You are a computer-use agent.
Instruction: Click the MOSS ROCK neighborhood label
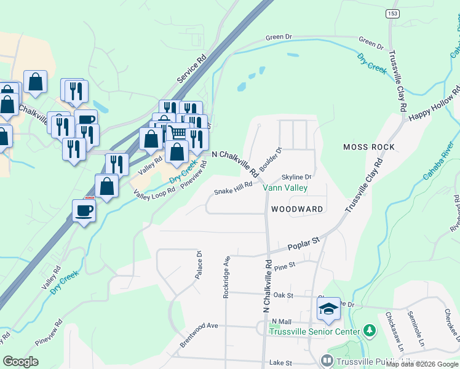tap(369, 147)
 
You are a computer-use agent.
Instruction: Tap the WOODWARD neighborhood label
tap(296, 209)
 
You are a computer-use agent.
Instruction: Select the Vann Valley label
tap(285, 188)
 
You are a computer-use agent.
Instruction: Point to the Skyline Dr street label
tap(297, 177)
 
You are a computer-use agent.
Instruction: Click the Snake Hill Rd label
tap(233, 188)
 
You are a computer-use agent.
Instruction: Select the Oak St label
tap(283, 295)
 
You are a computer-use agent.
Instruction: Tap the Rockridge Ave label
tap(226, 277)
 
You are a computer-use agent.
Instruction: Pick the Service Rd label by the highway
tap(191, 71)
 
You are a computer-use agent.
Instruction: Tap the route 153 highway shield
tap(391, 14)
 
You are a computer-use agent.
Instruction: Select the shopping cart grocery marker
tap(178, 132)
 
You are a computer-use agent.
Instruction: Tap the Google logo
tap(21, 362)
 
